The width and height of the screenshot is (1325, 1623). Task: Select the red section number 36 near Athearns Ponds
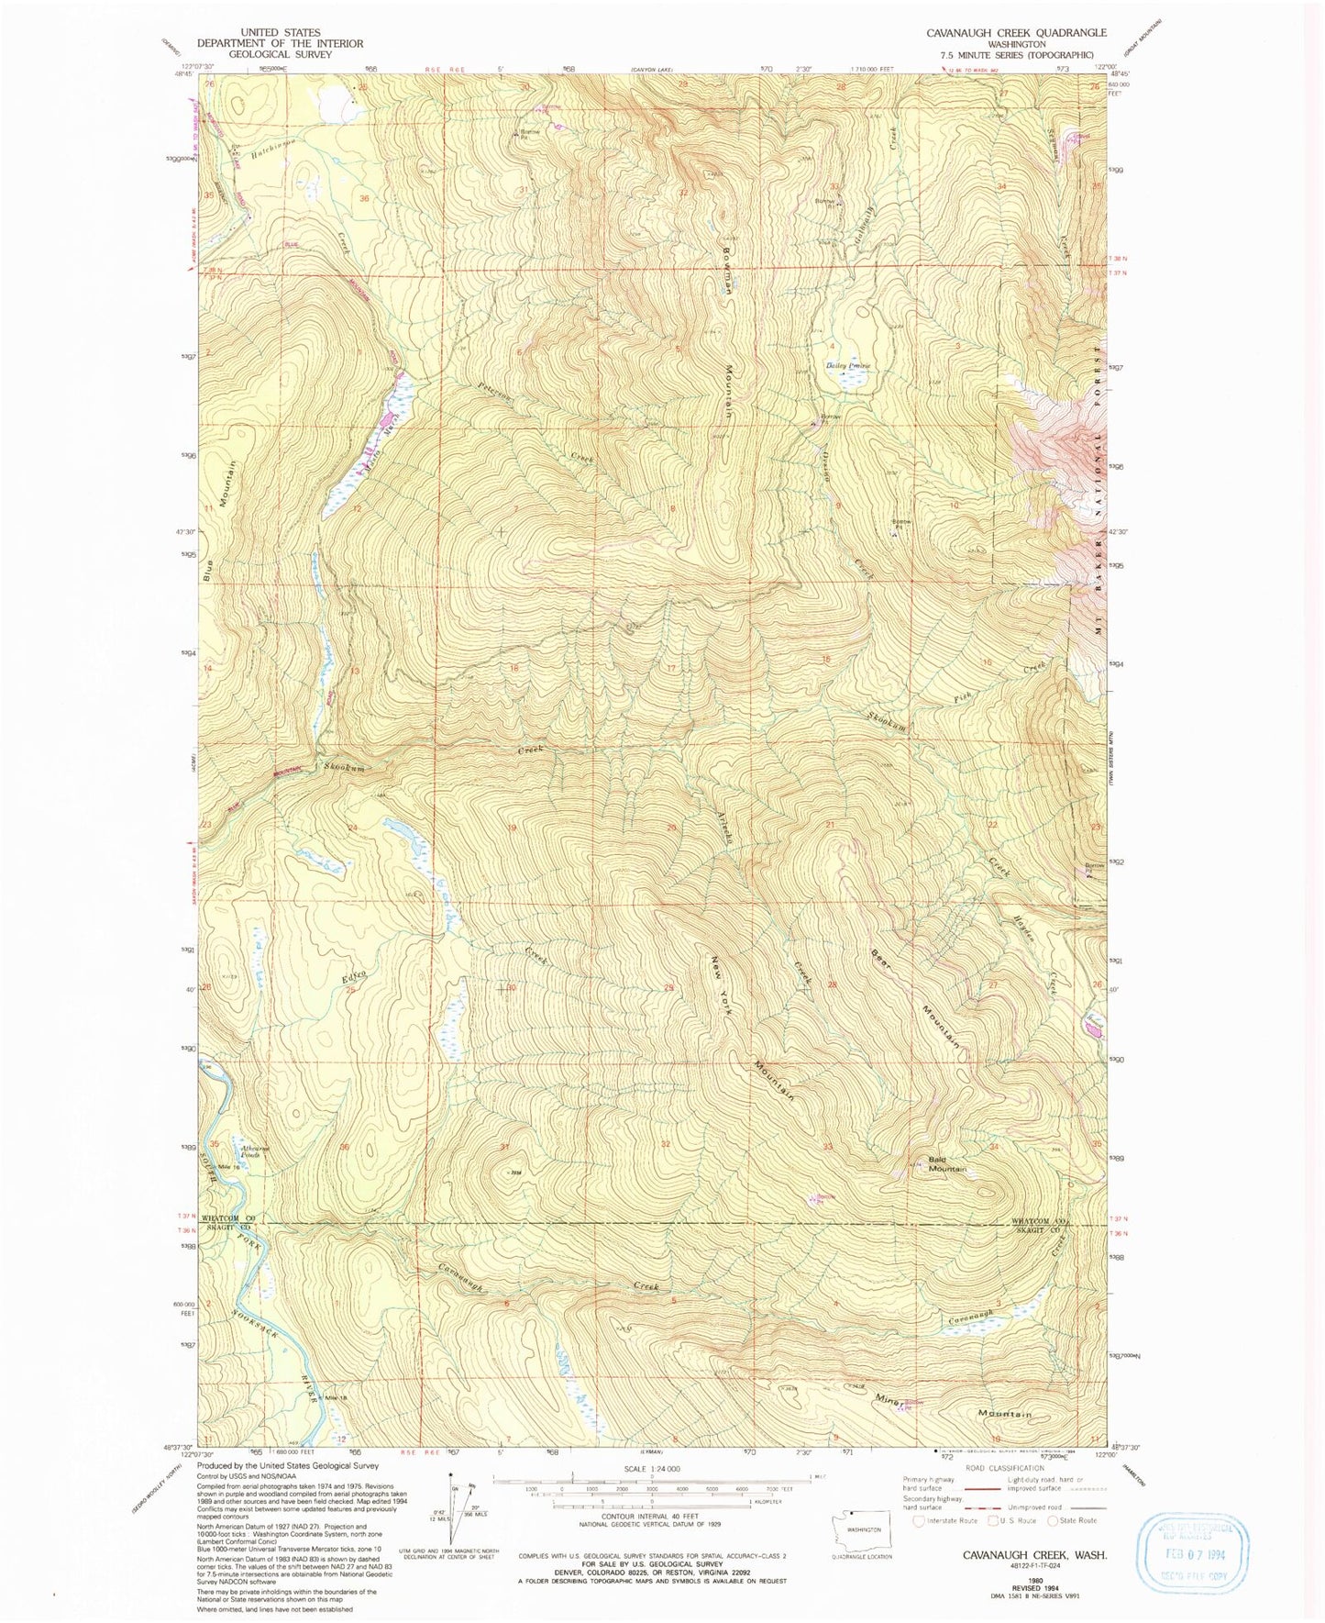(346, 1148)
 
